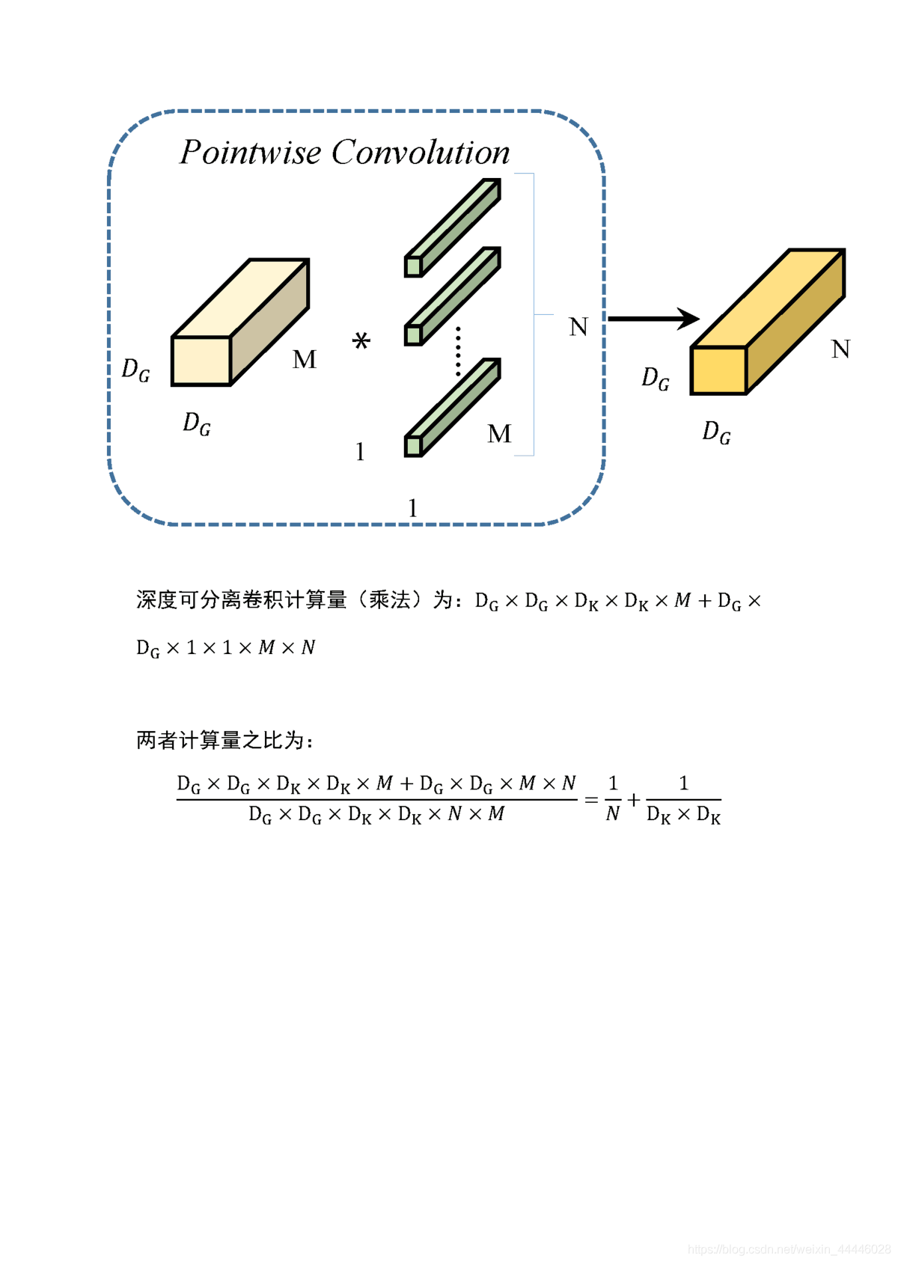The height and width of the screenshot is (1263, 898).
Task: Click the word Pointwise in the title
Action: click(250, 153)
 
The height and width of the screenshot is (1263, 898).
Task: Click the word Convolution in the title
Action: click(421, 153)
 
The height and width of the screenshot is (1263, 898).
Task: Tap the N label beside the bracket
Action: click(578, 327)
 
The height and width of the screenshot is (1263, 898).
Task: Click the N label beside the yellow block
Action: click(840, 349)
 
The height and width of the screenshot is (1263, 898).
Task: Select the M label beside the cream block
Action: click(305, 360)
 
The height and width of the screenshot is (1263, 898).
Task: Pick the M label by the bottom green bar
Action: click(499, 434)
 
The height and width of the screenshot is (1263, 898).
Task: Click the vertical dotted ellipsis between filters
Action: click(459, 351)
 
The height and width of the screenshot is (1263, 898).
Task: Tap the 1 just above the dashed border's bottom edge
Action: click(412, 509)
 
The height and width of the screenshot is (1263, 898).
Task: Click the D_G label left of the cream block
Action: click(135, 370)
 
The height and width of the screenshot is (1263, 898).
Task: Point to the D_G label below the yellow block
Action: click(716, 432)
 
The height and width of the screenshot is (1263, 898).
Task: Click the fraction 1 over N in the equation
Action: click(613, 799)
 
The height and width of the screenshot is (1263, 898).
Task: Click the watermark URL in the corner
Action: click(789, 1250)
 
